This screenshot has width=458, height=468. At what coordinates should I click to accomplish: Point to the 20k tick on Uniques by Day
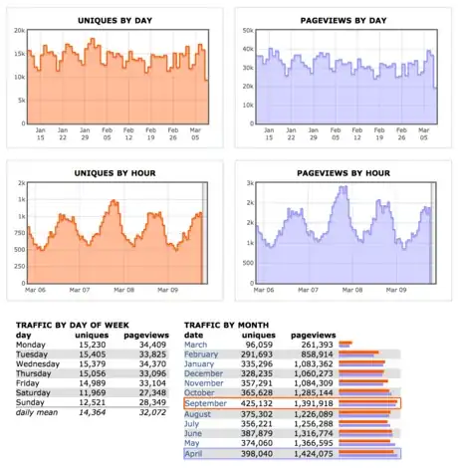tap(17, 32)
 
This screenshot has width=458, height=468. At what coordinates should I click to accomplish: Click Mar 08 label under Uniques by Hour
tap(124, 291)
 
